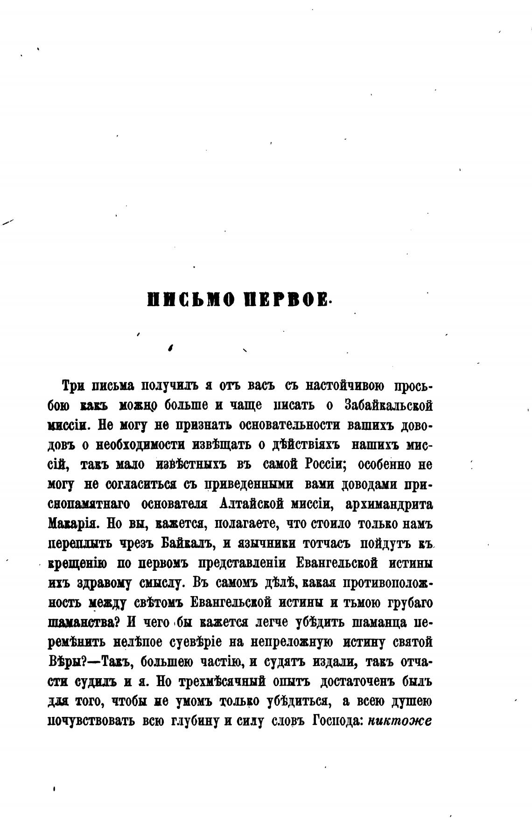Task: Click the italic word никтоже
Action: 400,721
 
